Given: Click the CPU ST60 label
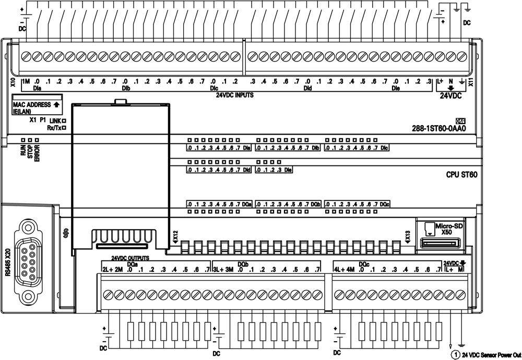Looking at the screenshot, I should [461, 175].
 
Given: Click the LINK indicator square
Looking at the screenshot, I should [63, 120].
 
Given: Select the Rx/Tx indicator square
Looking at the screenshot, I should [63, 127].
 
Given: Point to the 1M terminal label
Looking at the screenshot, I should [26, 81].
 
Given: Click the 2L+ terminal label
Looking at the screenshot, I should [108, 269].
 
